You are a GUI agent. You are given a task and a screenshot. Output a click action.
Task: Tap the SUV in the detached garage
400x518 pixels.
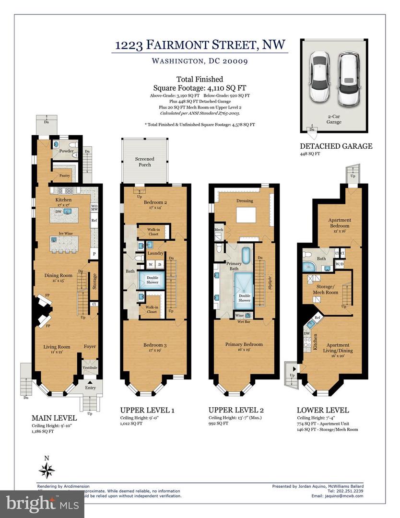pos(349,79)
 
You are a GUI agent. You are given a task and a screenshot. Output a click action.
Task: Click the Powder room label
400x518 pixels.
pos(66,151)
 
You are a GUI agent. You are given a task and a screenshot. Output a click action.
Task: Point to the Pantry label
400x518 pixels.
pos(65,176)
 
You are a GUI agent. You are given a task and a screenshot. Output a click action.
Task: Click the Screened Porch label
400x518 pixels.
pos(145,162)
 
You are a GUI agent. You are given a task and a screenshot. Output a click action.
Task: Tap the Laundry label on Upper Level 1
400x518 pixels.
pos(155,253)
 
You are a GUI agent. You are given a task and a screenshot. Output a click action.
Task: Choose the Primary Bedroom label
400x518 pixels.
pos(244,344)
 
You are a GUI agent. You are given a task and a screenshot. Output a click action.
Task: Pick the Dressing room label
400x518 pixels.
pos(244,200)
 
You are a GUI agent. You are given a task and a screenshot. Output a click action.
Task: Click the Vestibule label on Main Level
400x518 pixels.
pos(90,368)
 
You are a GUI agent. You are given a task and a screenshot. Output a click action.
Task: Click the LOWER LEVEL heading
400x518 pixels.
pos(322,411)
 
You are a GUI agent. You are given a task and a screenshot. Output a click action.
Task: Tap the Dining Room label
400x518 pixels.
pos(58,275)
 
